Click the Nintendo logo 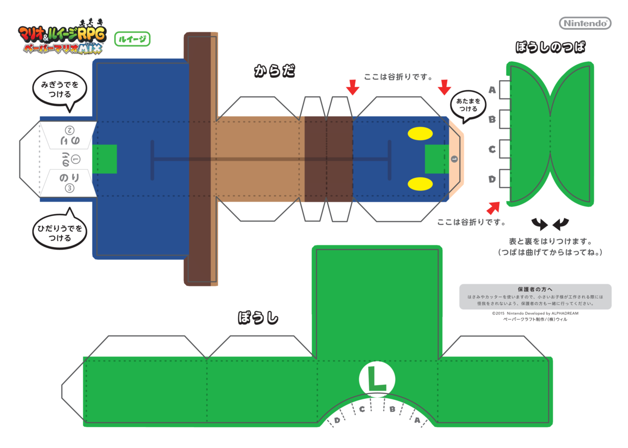[585, 23]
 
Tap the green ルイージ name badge [132, 38]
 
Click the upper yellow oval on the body [420, 135]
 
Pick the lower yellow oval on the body [420, 183]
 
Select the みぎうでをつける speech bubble [60, 89]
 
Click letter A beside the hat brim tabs [492, 90]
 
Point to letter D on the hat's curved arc [338, 420]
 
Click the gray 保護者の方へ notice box [535, 296]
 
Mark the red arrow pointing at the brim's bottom [492, 208]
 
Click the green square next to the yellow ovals [436, 159]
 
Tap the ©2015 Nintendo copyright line [535, 313]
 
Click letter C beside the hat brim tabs [492, 150]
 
